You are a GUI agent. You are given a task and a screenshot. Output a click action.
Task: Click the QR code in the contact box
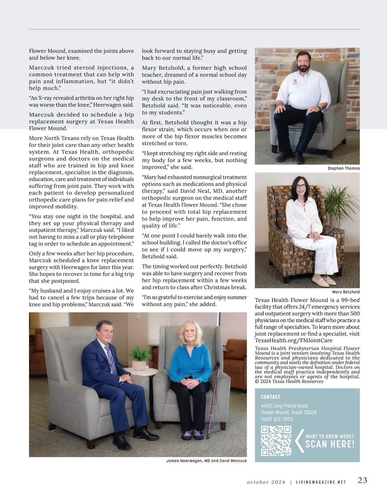pyautogui.click(x=276, y=441)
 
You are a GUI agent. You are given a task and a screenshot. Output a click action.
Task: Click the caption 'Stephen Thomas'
pyautogui.click(x=343, y=168)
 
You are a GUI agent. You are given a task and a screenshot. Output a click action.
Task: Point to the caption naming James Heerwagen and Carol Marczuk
pyautogui.click(x=206, y=461)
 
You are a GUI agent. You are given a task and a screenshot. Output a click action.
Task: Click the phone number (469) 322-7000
pyautogui.click(x=277, y=419)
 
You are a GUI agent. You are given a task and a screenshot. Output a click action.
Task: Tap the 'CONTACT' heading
pyautogui.click(x=271, y=397)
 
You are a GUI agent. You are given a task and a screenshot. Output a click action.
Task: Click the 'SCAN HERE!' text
pyautogui.click(x=330, y=444)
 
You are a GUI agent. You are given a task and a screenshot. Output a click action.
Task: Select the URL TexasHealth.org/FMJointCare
pyautogui.click(x=293, y=340)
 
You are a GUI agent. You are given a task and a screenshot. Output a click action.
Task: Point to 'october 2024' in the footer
pyautogui.click(x=266, y=482)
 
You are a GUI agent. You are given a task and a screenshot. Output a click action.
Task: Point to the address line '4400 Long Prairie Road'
pyautogui.click(x=284, y=406)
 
